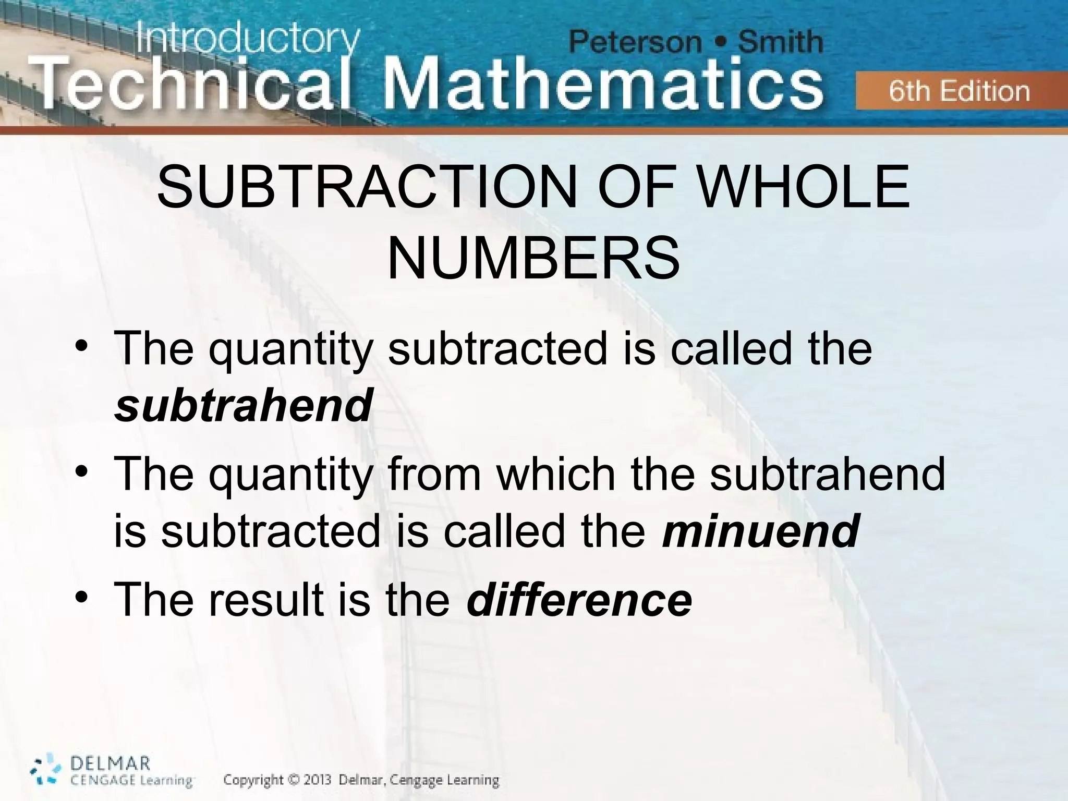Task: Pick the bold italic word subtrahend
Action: (243, 405)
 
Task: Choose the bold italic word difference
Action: (579, 600)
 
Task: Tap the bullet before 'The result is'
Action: (81, 598)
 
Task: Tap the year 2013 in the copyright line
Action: (314, 781)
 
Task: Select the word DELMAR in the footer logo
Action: (110, 764)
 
